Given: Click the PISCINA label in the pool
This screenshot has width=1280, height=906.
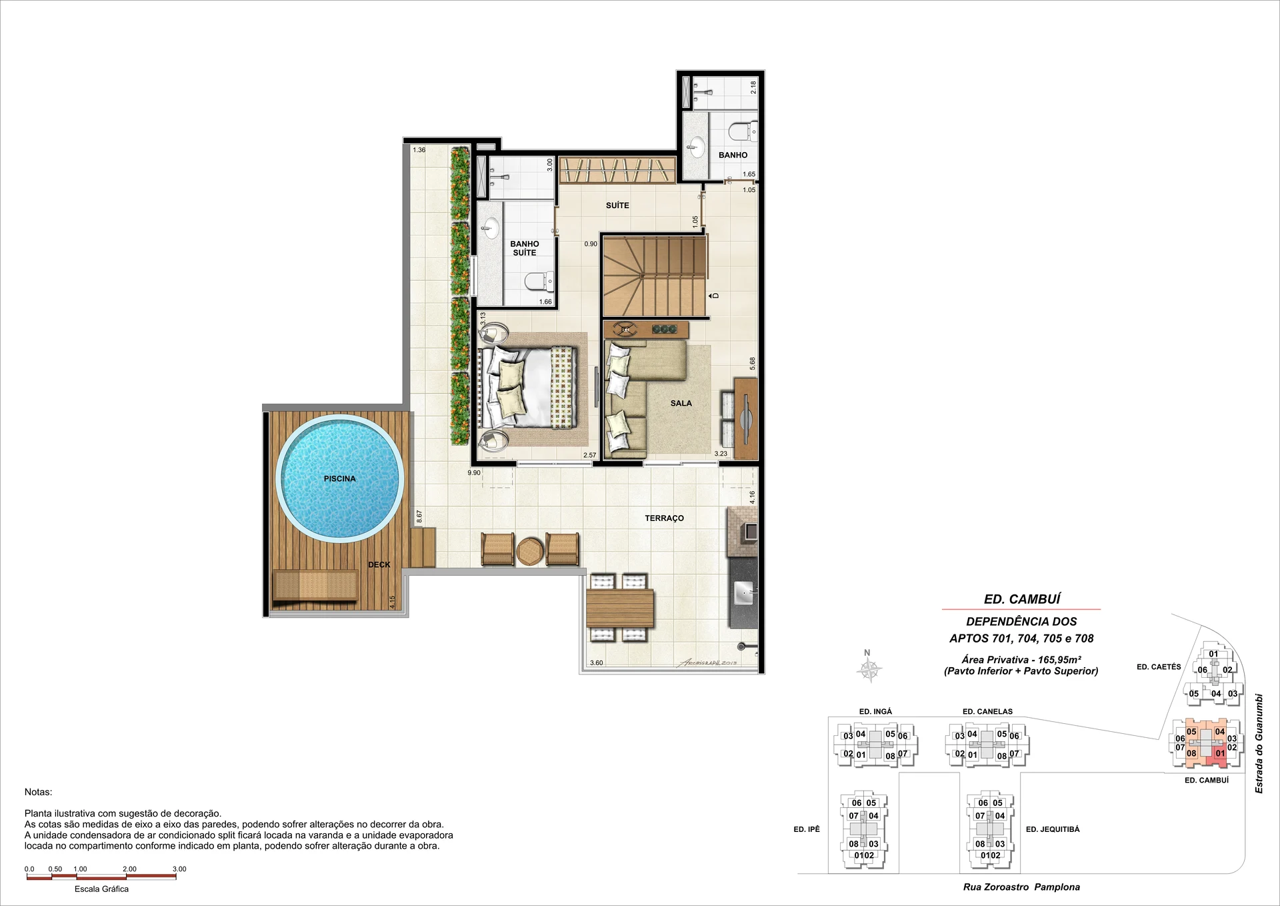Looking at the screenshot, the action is point(339,478).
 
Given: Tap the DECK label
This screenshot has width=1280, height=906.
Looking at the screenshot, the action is point(379,564).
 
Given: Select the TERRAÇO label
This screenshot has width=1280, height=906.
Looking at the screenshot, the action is point(664,518).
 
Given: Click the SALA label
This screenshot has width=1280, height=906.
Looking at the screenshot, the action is point(681,403).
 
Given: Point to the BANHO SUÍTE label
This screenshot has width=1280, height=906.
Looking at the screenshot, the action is point(525,248).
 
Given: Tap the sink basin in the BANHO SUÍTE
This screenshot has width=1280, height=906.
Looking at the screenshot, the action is point(491,229).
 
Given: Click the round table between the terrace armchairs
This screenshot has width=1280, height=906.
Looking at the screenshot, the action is point(530,551).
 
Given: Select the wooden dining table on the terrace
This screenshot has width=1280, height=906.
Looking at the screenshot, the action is point(620,608).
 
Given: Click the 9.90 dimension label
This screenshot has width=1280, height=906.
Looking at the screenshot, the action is point(474,473).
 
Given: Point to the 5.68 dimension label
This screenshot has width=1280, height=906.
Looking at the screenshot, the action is point(753,364).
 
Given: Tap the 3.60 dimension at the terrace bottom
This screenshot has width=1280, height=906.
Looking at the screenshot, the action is point(596,662).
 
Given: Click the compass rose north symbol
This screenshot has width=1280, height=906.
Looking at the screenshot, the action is point(869,668).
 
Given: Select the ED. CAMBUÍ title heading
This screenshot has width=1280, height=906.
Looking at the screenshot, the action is point(1022,599).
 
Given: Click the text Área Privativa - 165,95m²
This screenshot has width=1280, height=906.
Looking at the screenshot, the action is point(1021,659).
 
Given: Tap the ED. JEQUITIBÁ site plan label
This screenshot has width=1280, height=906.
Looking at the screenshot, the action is point(1053,829).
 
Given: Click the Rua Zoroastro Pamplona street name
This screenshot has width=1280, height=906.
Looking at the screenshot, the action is point(1021,887).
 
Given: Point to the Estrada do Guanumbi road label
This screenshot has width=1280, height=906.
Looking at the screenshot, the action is point(1259,743).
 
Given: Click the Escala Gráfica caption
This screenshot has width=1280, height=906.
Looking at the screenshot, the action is point(101,889).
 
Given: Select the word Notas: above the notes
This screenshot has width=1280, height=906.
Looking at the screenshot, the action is point(38,792).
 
